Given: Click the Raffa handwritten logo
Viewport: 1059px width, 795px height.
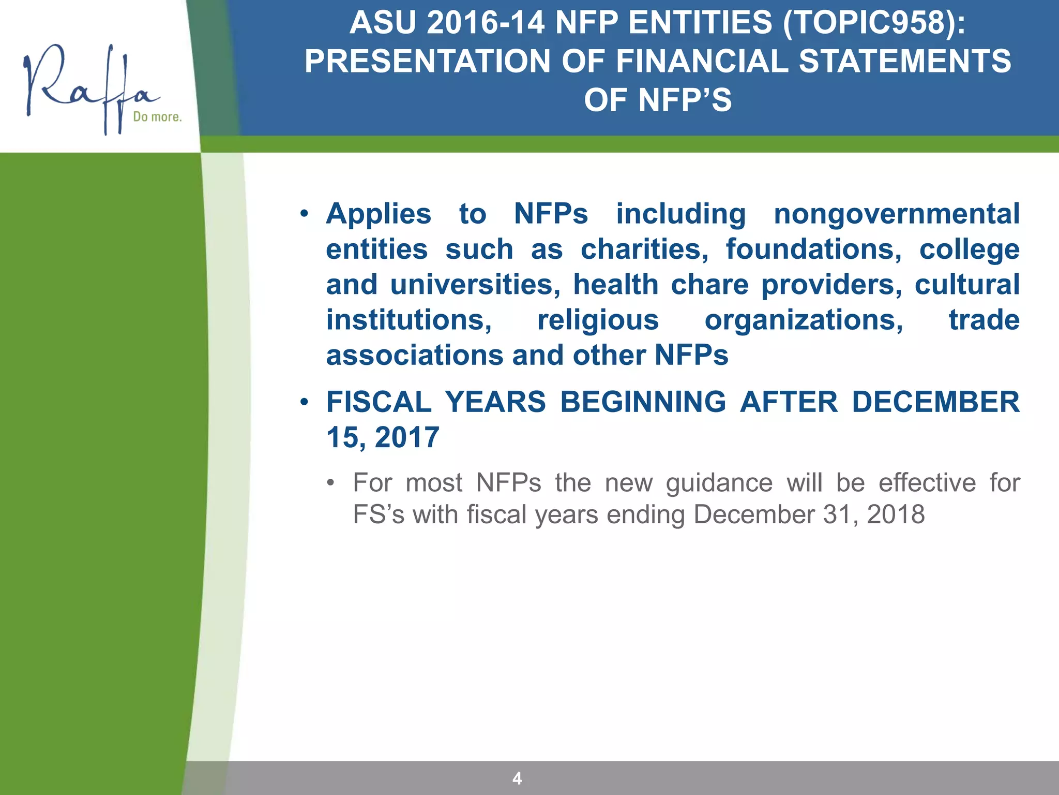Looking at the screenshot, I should click(x=88, y=85).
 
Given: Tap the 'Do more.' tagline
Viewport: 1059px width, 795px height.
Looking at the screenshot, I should click(x=157, y=117).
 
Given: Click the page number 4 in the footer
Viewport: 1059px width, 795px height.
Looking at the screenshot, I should click(x=517, y=778).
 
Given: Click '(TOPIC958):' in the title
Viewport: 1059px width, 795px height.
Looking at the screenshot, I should click(x=874, y=23).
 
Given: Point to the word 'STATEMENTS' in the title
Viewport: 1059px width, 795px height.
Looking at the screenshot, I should click(x=905, y=61).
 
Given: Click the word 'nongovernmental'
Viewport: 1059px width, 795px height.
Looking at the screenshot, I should click(x=896, y=214).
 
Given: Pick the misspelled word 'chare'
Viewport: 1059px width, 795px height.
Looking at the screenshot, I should click(x=709, y=285).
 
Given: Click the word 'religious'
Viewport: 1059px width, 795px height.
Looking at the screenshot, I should click(x=598, y=320).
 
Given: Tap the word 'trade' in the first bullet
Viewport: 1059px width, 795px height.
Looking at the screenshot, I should click(x=984, y=320).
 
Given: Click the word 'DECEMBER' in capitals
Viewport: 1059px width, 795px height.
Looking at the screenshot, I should click(x=935, y=402).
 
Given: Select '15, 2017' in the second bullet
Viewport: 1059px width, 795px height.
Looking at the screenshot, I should click(x=383, y=437).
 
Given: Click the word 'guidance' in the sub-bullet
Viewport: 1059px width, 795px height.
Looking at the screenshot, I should click(x=719, y=483).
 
